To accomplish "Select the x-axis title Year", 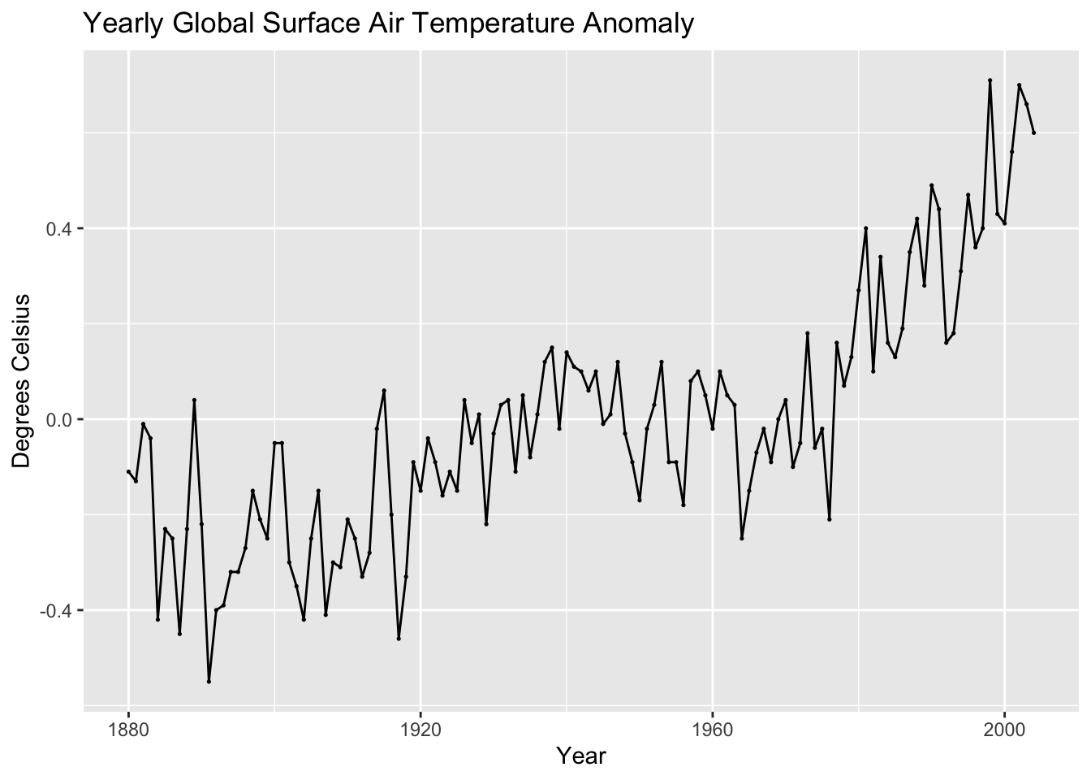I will [x=581, y=756].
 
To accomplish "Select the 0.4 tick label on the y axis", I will [x=62, y=228].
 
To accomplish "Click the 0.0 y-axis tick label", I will [x=62, y=419].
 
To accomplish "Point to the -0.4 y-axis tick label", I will [x=58, y=610].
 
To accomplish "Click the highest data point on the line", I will [x=990, y=80].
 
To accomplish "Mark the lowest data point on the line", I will [x=209, y=682].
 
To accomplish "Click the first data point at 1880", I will [x=128, y=472].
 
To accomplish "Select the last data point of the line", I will [x=1033, y=132].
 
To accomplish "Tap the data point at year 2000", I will [x=1004, y=223].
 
